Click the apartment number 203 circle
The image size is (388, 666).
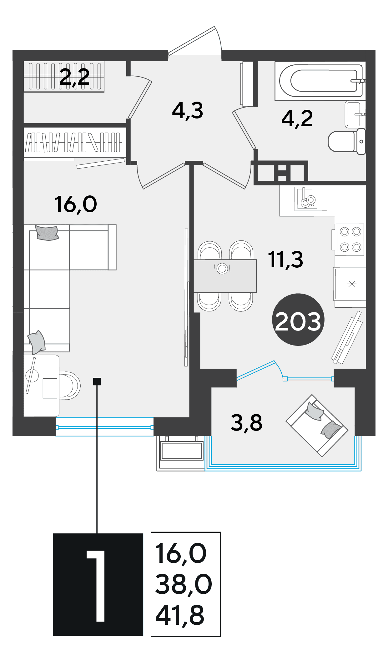tap(298, 319)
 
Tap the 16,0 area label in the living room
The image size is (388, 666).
tap(76, 204)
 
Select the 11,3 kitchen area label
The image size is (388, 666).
tap(285, 260)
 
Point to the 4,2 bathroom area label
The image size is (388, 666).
tap(297, 119)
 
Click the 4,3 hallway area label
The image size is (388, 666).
tap(188, 111)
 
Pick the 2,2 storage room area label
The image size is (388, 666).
tap(74, 77)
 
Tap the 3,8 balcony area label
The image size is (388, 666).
tap(246, 422)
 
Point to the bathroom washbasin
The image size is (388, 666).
tap(355, 114)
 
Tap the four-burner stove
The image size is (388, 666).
tap(350, 240)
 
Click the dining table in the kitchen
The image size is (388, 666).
tap(225, 276)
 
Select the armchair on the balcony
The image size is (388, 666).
tap(317, 426)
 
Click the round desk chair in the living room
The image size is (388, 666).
tap(69, 386)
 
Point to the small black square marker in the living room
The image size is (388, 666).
tap(97, 381)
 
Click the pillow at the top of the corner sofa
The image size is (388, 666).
tap(47, 233)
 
